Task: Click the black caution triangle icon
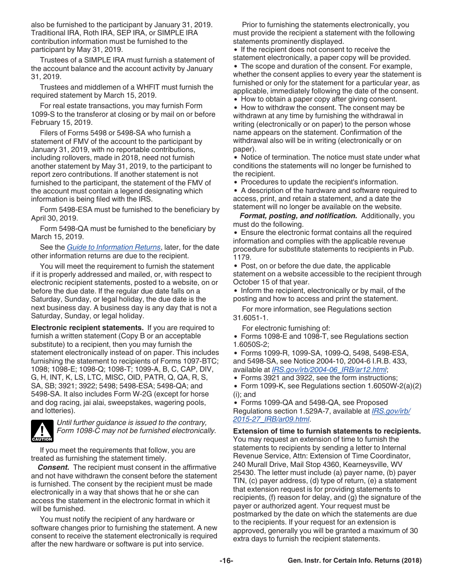click(x=42, y=431)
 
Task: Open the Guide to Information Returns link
click(x=113, y=247)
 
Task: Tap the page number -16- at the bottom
click(x=226, y=561)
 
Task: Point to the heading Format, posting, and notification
click(x=298, y=216)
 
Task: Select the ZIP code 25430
click(x=244, y=473)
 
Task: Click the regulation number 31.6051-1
click(x=250, y=318)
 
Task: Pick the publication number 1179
click(x=241, y=257)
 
